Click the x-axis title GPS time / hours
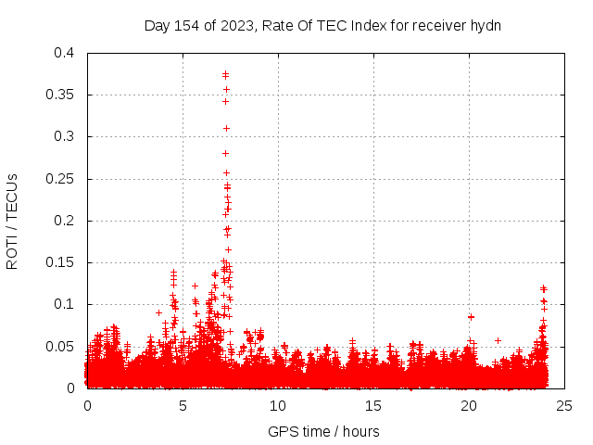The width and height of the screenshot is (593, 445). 323,431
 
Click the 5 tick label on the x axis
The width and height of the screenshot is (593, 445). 183,405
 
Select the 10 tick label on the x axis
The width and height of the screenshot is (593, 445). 279,405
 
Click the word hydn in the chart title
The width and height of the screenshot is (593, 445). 485,25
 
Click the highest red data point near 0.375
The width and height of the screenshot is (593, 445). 225,74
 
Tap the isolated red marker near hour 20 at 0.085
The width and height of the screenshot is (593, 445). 471,317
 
